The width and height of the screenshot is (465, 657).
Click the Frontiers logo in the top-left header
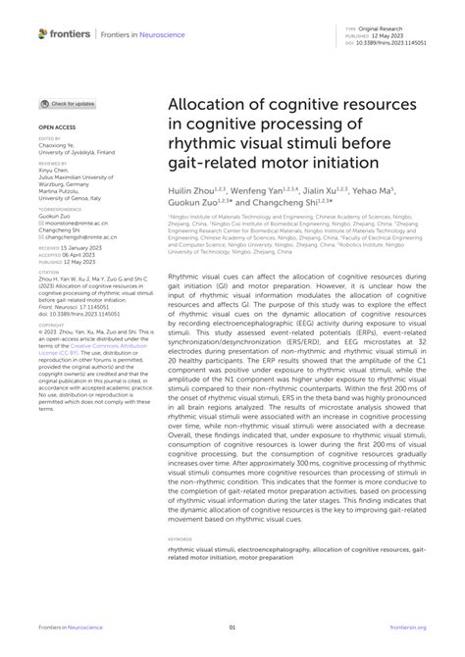62,33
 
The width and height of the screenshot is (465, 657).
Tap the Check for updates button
68,103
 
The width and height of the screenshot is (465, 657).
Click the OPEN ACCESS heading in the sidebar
57,128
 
